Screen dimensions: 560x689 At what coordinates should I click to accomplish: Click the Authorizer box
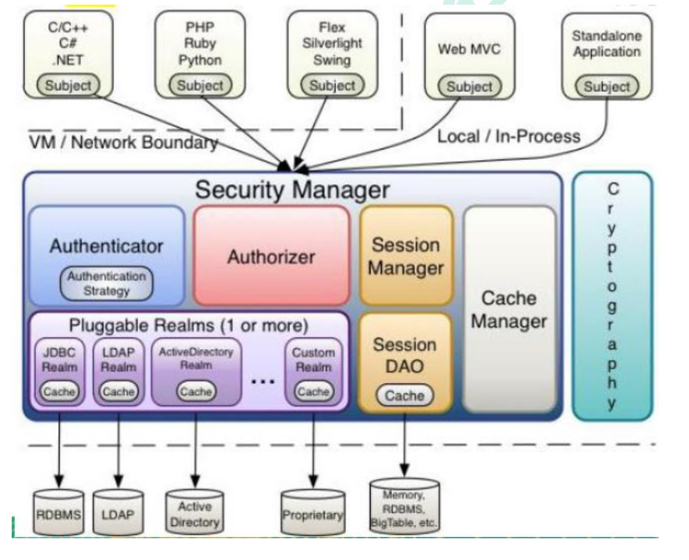[271, 256]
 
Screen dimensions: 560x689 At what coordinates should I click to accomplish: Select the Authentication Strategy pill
[107, 284]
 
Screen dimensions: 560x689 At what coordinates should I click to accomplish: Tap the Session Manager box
[406, 256]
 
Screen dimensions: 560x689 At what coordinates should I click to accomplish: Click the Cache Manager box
[509, 309]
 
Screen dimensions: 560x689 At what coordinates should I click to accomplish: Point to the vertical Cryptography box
[613, 296]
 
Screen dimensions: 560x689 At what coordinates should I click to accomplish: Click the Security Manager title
[292, 189]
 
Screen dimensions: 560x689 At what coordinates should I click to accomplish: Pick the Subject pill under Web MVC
[469, 87]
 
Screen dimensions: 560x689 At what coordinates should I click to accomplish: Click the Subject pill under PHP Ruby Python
[200, 86]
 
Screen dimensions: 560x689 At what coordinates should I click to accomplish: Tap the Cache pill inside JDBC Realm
[59, 391]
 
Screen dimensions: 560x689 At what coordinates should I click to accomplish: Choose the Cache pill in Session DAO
[405, 395]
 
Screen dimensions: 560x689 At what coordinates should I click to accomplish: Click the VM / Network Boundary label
[123, 142]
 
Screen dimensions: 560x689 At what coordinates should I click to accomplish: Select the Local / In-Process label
[508, 136]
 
